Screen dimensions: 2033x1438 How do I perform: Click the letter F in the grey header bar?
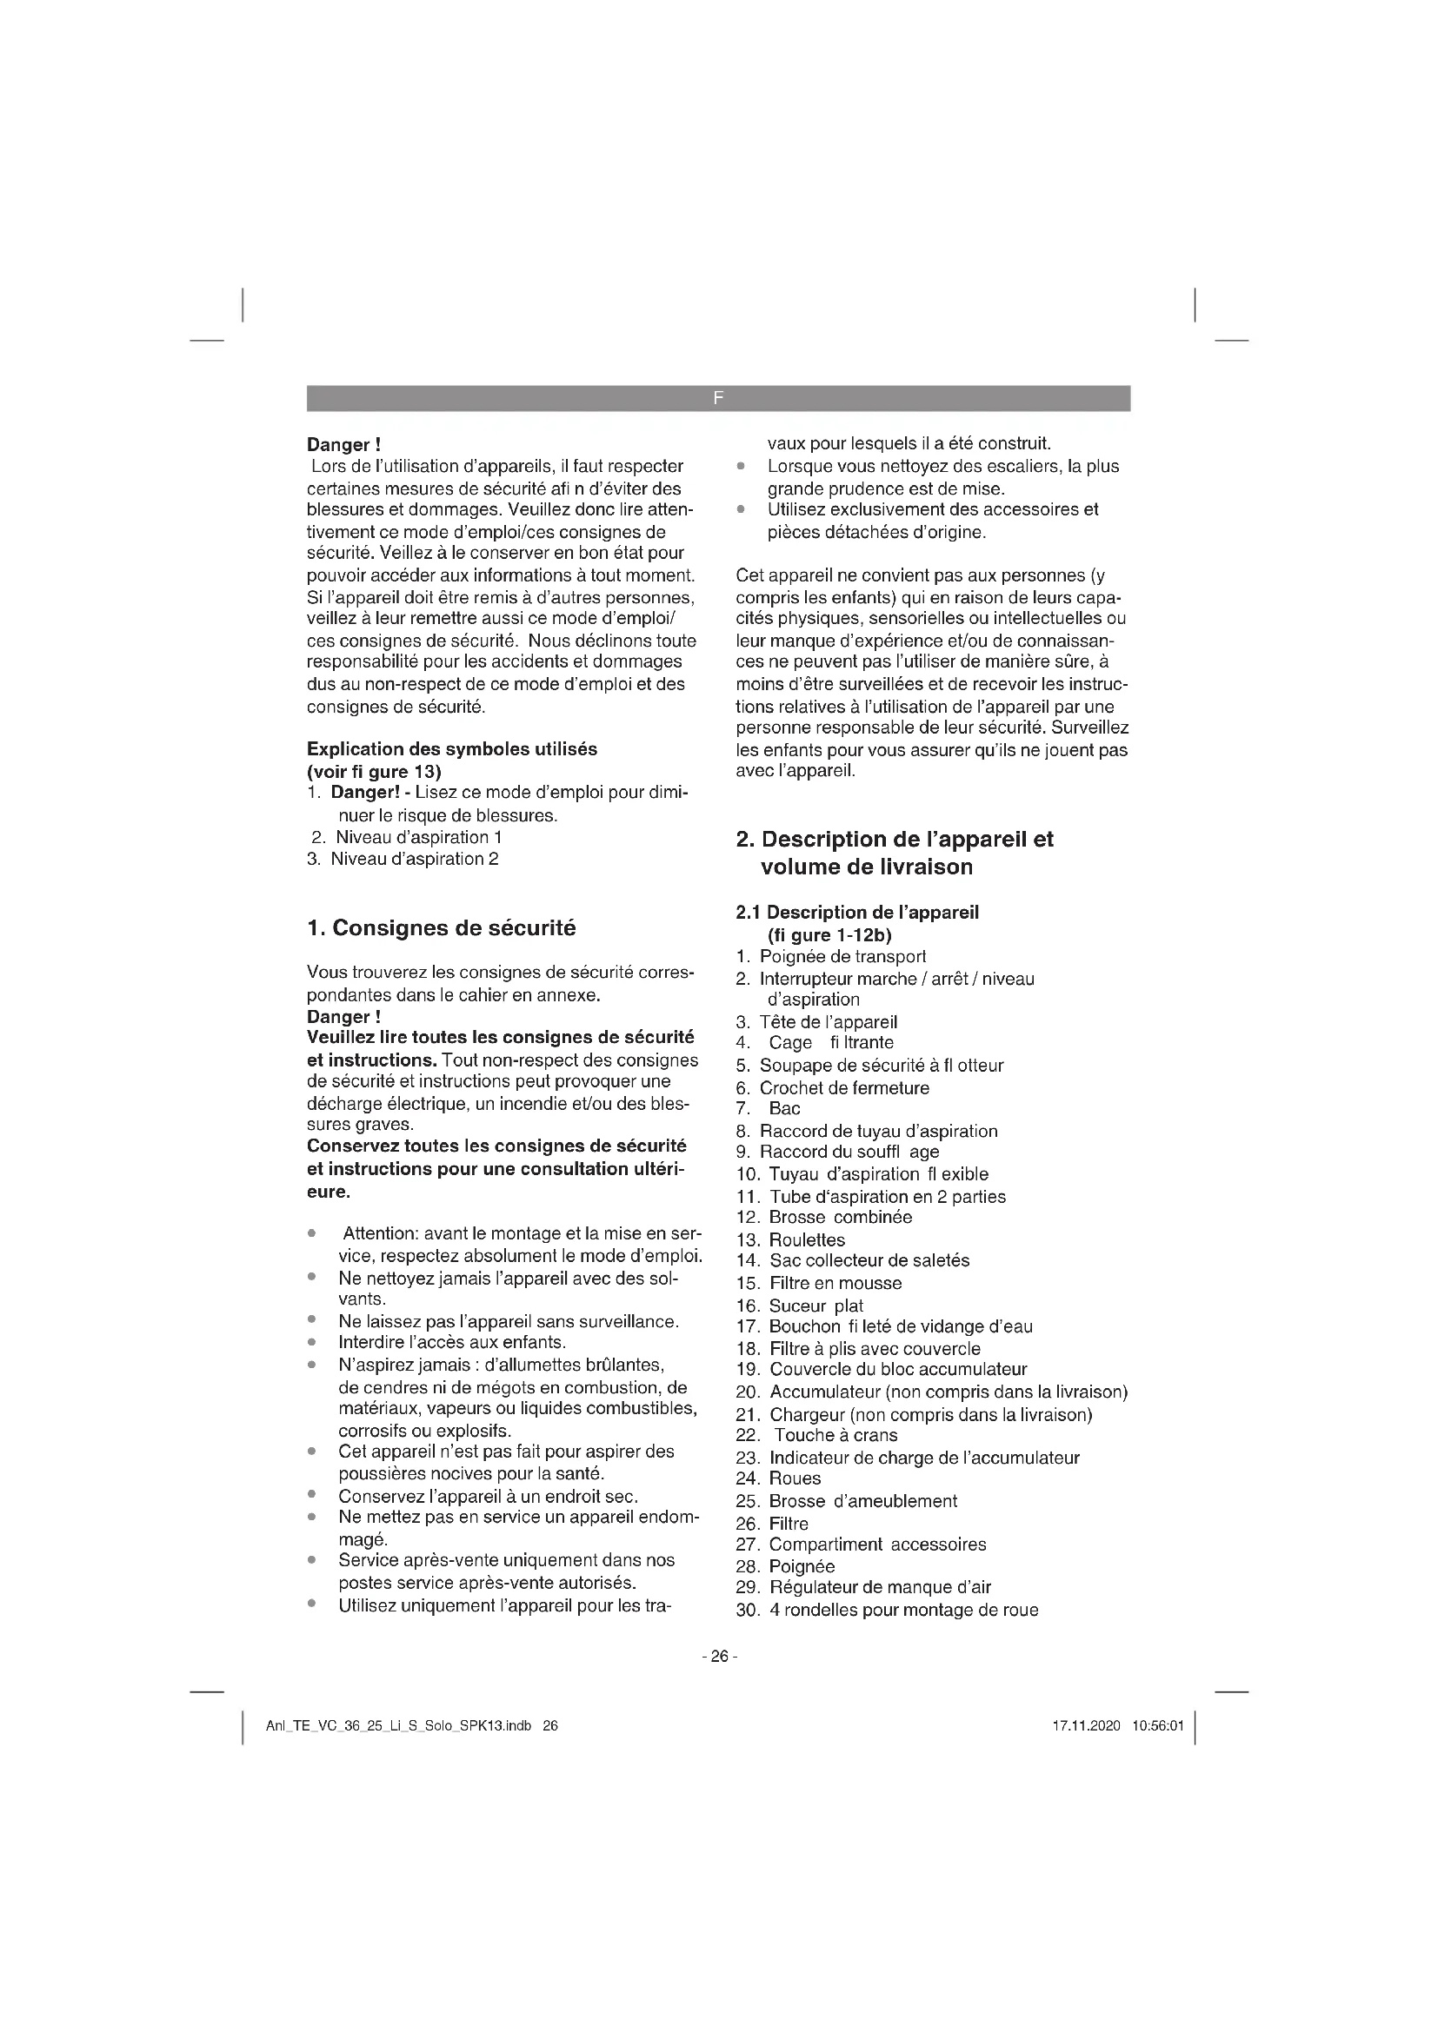click(718, 398)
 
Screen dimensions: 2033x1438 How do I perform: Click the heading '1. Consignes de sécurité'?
click(441, 928)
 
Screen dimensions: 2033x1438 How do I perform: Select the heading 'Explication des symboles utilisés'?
click(451, 749)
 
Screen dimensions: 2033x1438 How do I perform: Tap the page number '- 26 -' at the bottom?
click(719, 1656)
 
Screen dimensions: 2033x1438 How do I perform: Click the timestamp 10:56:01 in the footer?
click(1157, 1726)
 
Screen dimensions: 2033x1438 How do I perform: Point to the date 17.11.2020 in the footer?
click(1087, 1726)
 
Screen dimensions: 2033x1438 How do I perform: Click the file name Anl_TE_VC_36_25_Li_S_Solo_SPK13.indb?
click(398, 1726)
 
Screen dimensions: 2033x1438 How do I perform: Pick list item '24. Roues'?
click(778, 1478)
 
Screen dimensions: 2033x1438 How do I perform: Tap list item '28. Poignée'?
click(784, 1565)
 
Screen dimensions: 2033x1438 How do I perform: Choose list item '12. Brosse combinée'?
click(823, 1218)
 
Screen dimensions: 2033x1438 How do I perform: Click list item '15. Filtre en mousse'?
click(818, 1283)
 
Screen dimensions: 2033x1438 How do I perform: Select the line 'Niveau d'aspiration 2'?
click(414, 859)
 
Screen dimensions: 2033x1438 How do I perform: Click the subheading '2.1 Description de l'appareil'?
click(857, 912)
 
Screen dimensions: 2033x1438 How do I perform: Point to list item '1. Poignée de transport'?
click(830, 956)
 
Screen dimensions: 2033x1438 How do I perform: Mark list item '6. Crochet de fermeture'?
click(832, 1087)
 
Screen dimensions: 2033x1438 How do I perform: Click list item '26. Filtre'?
click(772, 1523)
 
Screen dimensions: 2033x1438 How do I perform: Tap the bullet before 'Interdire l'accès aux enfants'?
click(313, 1342)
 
